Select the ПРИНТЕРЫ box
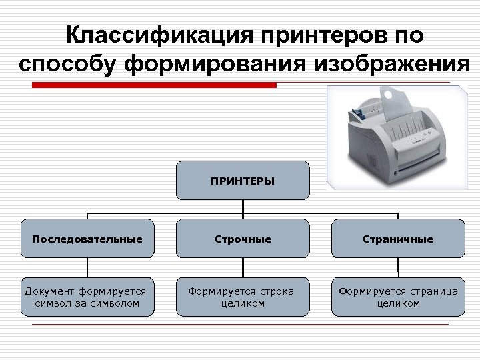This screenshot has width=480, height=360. (x=243, y=180)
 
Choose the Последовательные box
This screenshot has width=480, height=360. (x=87, y=238)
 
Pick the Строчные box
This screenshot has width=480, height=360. (x=243, y=238)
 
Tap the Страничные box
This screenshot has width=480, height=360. (x=399, y=238)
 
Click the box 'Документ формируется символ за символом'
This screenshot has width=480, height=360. (x=87, y=297)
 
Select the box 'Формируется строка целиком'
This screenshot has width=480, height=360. (x=243, y=297)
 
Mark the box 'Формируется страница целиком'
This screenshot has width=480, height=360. (x=399, y=297)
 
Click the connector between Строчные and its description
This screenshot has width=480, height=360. (x=243, y=267)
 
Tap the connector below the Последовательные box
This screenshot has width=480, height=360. (x=87, y=267)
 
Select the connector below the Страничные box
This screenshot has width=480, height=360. (x=399, y=267)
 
